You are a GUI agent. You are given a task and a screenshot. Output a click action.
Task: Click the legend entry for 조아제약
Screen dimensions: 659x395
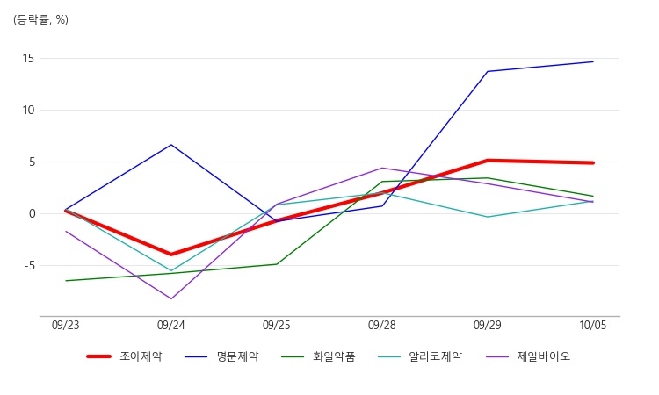point(125,356)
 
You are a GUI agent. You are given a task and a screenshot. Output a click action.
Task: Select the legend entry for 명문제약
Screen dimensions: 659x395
point(221,356)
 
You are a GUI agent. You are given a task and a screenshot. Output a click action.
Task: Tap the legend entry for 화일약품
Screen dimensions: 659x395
point(318,356)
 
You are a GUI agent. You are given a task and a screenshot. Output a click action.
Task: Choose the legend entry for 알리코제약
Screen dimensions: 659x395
point(420,356)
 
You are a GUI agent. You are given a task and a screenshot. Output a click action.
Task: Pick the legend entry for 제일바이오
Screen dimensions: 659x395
point(528,356)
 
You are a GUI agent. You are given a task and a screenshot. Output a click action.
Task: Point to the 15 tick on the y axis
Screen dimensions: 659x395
point(28,58)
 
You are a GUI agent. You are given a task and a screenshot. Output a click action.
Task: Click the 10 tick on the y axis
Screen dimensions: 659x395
point(28,111)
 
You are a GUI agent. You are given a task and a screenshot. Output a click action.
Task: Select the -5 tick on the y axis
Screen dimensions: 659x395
point(29,266)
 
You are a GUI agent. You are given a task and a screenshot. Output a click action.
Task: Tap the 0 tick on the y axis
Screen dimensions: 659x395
point(32,213)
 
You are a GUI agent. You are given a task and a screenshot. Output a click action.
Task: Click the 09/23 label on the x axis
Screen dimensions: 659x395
point(66,326)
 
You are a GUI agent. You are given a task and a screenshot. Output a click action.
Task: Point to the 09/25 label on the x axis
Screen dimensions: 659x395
point(277,326)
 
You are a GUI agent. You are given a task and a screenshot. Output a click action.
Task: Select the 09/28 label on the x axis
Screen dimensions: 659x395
point(382,326)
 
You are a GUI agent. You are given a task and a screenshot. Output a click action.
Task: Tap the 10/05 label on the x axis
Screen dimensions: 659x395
point(593,326)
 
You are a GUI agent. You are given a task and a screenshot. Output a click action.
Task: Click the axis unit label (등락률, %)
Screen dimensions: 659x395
point(40,19)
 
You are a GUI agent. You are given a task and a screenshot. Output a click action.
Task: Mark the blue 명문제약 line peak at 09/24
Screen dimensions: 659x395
point(171,145)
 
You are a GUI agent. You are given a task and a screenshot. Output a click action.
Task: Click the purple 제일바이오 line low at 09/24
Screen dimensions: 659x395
point(171,298)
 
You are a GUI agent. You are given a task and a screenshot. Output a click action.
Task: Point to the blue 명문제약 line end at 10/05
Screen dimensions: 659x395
point(593,61)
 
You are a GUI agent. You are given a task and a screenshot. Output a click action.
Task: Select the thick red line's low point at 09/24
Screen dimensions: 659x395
point(171,255)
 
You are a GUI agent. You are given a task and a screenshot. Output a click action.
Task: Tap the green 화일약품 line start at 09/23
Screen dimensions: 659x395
point(66,281)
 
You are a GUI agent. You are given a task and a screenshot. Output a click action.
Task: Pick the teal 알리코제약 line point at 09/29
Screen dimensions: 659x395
point(488,217)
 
